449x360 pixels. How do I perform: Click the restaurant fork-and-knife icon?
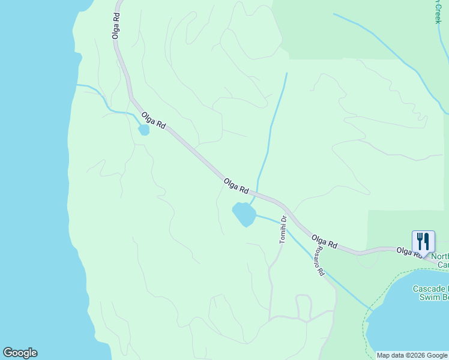pos(423,242)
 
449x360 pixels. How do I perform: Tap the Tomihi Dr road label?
pos(283,230)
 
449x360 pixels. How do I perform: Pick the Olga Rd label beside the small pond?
pos(153,120)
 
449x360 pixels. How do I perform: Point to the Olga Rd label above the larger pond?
pos(236,185)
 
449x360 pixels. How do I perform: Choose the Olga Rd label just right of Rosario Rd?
pos(325,242)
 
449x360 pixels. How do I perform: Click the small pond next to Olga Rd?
pos(144,130)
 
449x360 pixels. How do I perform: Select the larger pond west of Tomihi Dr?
pos(244,214)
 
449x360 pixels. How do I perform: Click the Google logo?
pos(20,353)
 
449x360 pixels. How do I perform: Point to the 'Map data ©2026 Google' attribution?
pos(412,355)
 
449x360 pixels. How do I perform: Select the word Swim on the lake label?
pos(429,297)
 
